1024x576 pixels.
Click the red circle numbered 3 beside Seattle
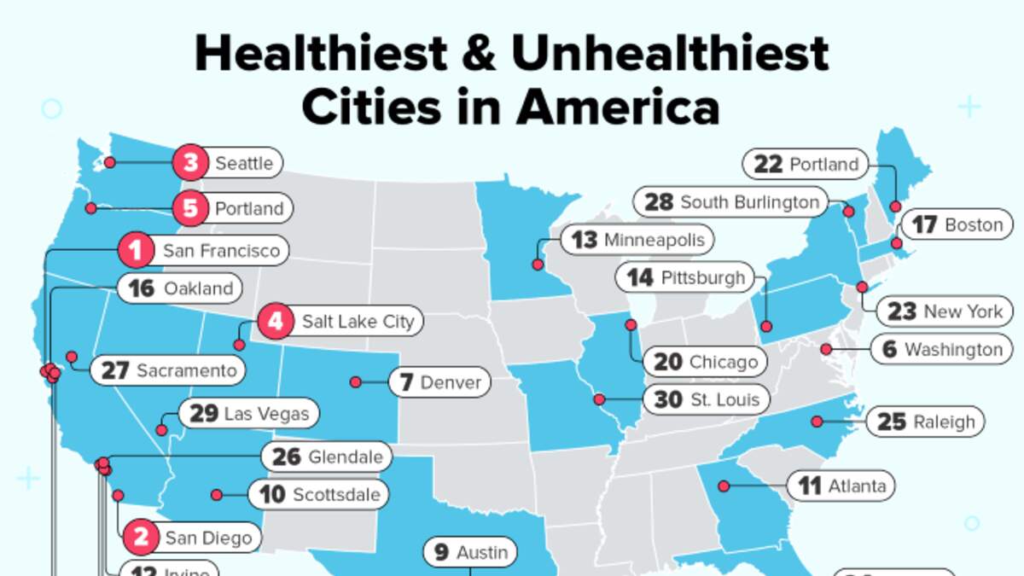coord(189,163)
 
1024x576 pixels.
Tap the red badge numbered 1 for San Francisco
coord(135,251)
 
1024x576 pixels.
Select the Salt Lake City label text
coord(358,322)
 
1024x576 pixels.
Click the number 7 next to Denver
coord(405,382)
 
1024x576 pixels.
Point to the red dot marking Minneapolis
coord(538,265)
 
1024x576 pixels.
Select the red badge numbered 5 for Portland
coord(189,208)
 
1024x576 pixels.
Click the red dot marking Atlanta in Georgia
coord(724,486)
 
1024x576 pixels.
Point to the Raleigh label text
coord(943,422)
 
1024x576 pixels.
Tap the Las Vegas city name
coord(265,415)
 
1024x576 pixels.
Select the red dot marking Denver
coord(355,382)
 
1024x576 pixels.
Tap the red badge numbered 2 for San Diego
coord(142,538)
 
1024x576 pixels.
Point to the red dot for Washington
coord(826,349)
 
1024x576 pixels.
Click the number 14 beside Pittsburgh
coord(640,278)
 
